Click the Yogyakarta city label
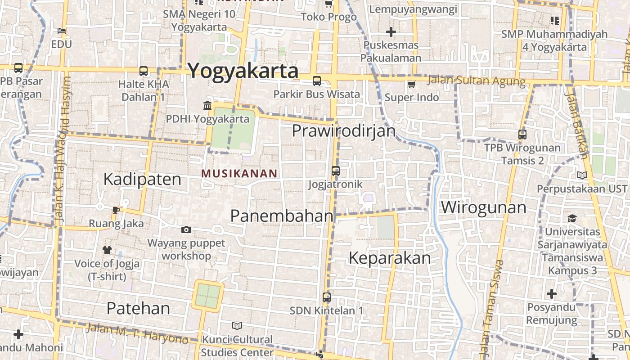[243, 71]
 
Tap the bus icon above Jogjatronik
[336, 171]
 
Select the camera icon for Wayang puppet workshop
[186, 230]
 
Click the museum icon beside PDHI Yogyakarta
[207, 105]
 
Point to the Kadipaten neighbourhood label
[142, 179]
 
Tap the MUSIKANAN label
[239, 173]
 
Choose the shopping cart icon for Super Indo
[411, 84]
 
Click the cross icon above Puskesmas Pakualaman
[391, 32]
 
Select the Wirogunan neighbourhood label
[483, 207]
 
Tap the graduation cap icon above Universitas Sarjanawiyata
[572, 219]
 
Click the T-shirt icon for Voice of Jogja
[107, 250]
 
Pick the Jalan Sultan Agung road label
[476, 81]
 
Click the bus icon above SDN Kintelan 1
[327, 297]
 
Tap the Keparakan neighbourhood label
[390, 258]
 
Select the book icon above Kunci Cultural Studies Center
[237, 325]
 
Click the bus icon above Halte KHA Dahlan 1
[144, 71]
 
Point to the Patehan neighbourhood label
[138, 308]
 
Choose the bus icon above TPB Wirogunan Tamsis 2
[522, 134]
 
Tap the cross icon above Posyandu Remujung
[552, 294]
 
